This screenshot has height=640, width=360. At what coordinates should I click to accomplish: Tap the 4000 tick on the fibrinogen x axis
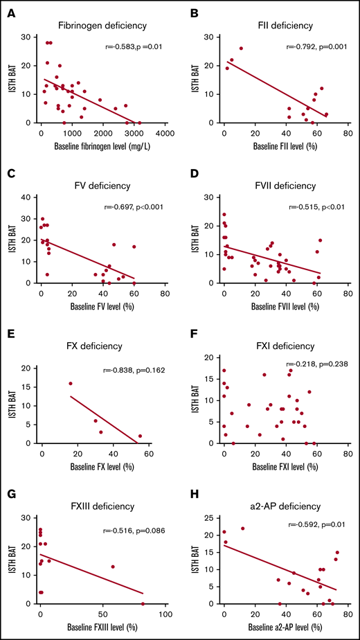(164, 133)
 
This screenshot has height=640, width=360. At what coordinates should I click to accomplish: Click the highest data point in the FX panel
(71, 383)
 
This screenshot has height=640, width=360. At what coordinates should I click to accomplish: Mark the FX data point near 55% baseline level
(140, 436)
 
